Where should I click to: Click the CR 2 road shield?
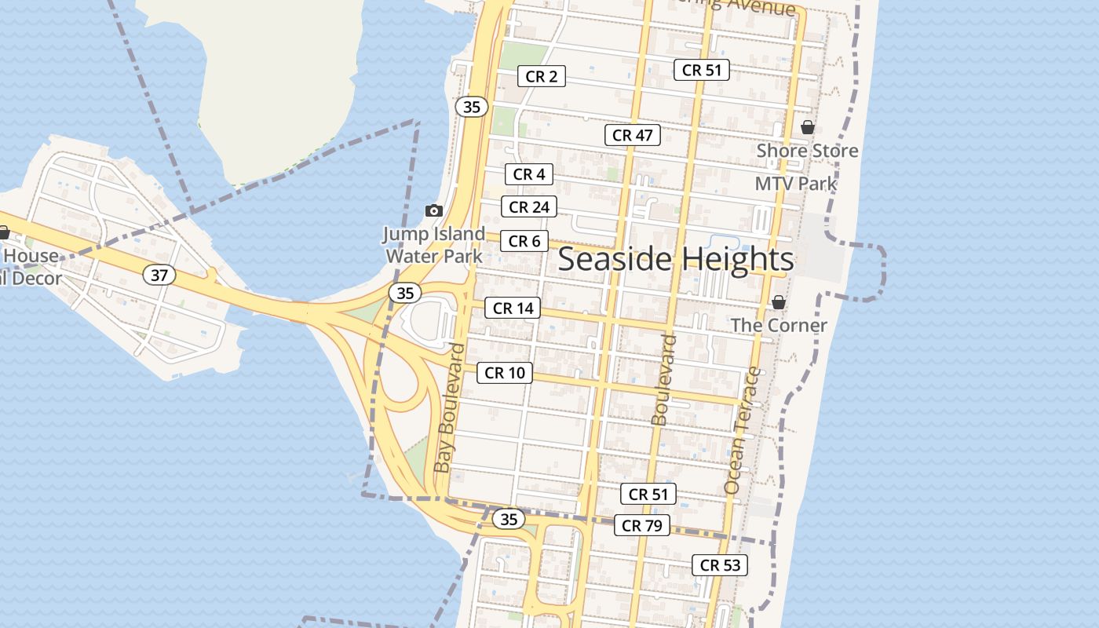pyautogui.click(x=542, y=76)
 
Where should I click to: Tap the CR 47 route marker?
pyautogui.click(x=633, y=135)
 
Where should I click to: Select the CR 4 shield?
pyautogui.click(x=529, y=174)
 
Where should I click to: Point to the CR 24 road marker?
pyautogui.click(x=529, y=207)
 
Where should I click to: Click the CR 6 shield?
pyautogui.click(x=524, y=241)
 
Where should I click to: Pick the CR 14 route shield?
pyautogui.click(x=513, y=309)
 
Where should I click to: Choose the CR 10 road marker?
pyautogui.click(x=505, y=373)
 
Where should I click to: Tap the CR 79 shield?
pyautogui.click(x=642, y=526)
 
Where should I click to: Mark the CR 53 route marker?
pyautogui.click(x=720, y=565)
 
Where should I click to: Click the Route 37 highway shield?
pyautogui.click(x=159, y=276)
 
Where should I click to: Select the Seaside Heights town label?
pyautogui.click(x=676, y=259)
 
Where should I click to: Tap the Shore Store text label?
pyautogui.click(x=807, y=150)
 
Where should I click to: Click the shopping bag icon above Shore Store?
pyautogui.click(x=808, y=127)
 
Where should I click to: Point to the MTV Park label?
pyautogui.click(x=796, y=184)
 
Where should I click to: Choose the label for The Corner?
pyautogui.click(x=779, y=325)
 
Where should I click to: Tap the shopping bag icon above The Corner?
pyautogui.click(x=779, y=302)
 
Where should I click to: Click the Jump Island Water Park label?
pyautogui.click(x=434, y=244)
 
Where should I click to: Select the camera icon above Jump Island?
pyautogui.click(x=433, y=210)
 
